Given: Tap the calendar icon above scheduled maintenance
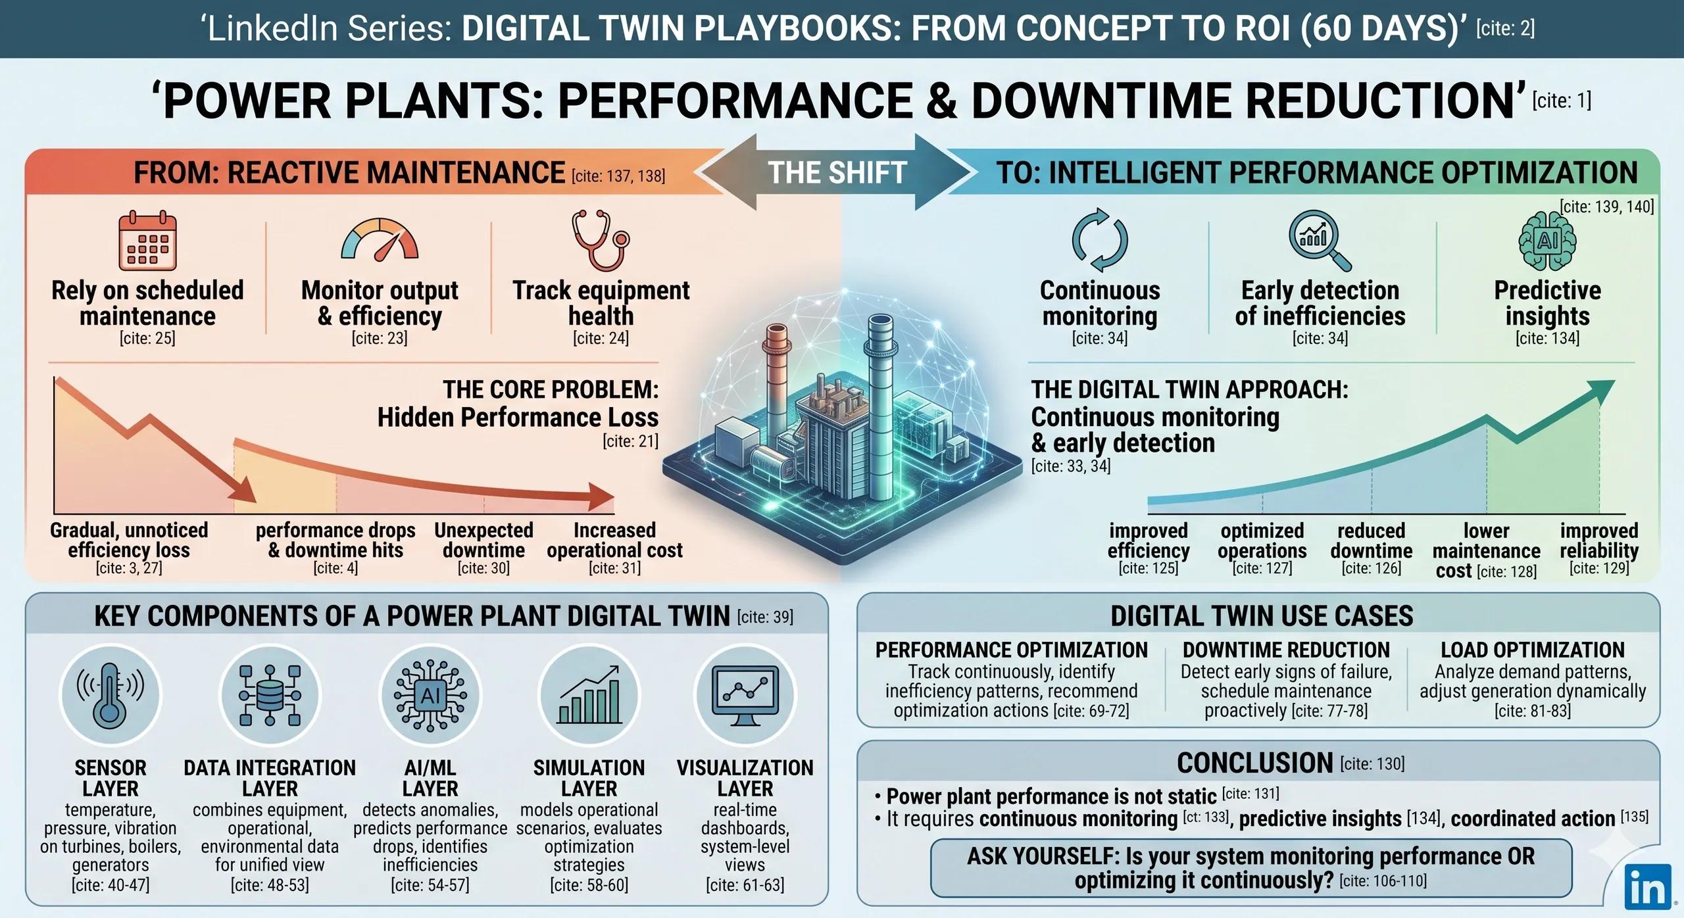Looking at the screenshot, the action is [x=147, y=241].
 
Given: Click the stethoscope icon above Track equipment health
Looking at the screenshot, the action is [x=600, y=240].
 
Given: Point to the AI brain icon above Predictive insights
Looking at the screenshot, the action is [x=1547, y=241].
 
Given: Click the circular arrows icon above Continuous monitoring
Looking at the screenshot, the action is [x=1100, y=240].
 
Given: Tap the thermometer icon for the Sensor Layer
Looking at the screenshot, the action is [x=110, y=694].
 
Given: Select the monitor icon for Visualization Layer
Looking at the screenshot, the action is [x=745, y=694].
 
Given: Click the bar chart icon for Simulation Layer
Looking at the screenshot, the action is [x=589, y=694].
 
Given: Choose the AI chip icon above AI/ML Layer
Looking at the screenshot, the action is [x=430, y=695].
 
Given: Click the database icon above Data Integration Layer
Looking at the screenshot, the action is [x=270, y=694].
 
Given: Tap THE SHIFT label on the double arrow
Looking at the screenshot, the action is [x=837, y=173].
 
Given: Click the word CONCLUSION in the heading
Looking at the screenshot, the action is [x=1254, y=763].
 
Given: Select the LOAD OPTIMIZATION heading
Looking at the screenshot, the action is [x=1533, y=650].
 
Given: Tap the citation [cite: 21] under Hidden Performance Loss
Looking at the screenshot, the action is [x=630, y=441].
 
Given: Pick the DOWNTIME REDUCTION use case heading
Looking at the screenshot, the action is [x=1286, y=650].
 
